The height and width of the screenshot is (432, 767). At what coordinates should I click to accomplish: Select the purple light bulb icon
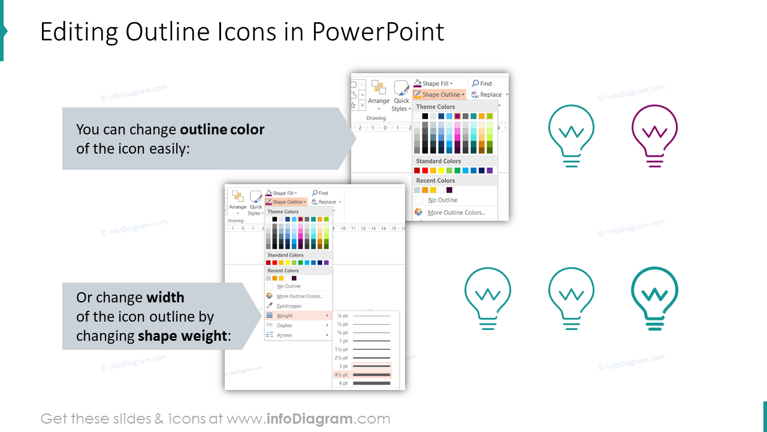[654, 136]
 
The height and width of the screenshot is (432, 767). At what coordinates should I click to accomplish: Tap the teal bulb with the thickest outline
[654, 298]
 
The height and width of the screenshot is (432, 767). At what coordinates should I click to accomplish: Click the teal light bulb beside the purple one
[571, 136]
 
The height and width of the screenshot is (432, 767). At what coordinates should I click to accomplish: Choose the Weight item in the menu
[285, 316]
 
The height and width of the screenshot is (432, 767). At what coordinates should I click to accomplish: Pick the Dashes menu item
[285, 325]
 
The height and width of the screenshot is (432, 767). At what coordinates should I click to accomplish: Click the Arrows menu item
[285, 335]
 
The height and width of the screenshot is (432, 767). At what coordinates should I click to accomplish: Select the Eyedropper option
[289, 306]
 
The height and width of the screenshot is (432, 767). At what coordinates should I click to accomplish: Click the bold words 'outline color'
[222, 130]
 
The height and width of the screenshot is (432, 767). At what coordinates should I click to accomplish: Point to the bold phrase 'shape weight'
[183, 336]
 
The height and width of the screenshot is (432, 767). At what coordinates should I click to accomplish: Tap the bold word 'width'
[165, 298]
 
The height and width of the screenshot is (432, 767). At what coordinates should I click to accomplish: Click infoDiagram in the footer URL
[309, 419]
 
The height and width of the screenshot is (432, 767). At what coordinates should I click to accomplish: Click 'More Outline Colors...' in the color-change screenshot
[456, 212]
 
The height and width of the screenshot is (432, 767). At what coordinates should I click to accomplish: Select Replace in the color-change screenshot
[490, 94]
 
